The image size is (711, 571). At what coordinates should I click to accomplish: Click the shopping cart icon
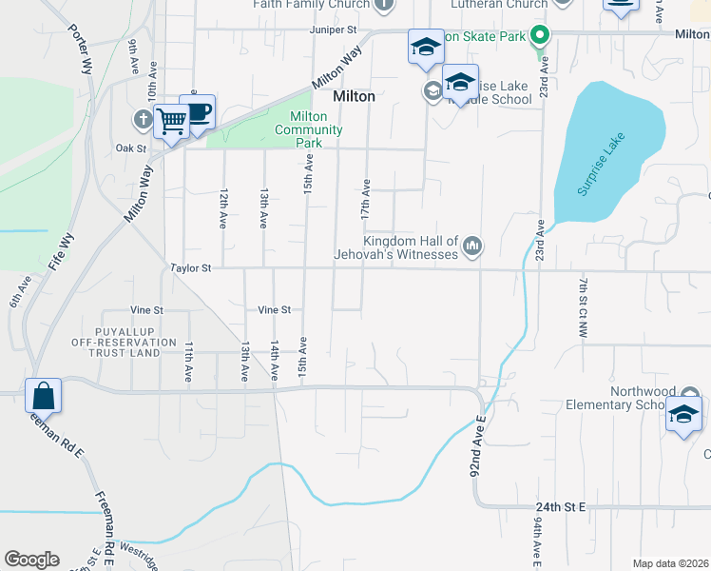coord(172,121)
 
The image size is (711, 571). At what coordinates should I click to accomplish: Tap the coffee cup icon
coord(198,112)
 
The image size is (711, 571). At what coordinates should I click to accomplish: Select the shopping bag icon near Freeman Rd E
coord(43,395)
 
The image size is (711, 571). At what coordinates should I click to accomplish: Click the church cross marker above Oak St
coord(143,119)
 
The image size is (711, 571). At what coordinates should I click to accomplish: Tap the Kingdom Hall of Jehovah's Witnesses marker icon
coord(472,247)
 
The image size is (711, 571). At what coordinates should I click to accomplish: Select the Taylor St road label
coord(189,268)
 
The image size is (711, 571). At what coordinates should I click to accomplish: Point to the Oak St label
coord(130,148)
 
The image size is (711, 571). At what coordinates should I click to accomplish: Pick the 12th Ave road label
coord(223,207)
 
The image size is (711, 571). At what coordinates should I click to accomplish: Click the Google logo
coord(31,560)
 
